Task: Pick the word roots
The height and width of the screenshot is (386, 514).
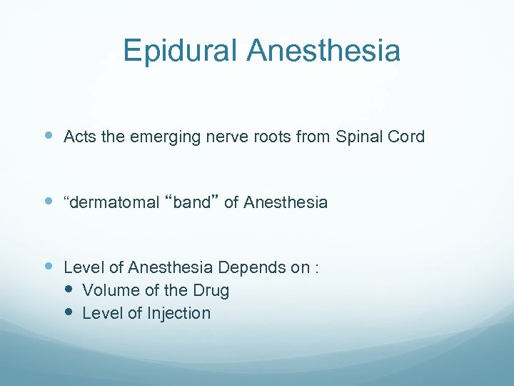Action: click(269, 137)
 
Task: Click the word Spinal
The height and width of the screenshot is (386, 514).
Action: click(356, 137)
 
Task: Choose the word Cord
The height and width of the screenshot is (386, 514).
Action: click(407, 137)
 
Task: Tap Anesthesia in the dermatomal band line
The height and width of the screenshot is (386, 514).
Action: click(286, 202)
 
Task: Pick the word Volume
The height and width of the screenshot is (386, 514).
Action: click(108, 290)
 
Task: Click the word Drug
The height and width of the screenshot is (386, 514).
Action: click(211, 291)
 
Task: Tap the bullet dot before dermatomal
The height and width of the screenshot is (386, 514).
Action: click(49, 202)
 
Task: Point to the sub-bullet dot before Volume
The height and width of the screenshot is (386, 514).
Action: click(69, 289)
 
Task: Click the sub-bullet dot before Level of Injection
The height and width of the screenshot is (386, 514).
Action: click(69, 312)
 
